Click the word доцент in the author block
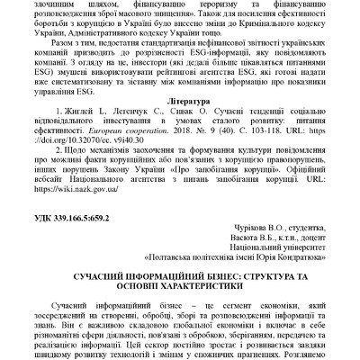coord(301,240)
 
